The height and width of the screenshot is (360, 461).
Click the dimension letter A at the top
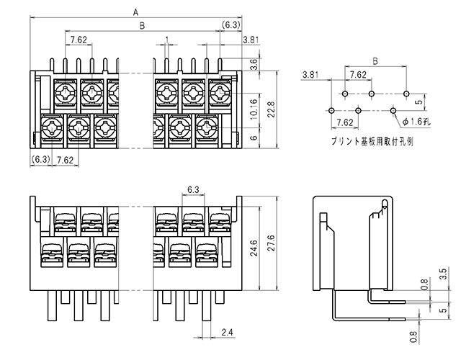coord(135,12)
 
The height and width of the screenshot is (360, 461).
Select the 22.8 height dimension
coord(271,109)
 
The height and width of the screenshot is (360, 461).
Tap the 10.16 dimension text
coord(254,109)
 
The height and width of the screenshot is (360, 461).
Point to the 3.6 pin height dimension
coord(254,64)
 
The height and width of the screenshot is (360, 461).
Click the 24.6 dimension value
coord(254,248)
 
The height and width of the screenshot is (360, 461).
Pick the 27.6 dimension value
coord(271,243)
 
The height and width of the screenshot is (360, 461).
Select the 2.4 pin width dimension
coord(227,332)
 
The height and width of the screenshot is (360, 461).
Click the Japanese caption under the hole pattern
coord(372,141)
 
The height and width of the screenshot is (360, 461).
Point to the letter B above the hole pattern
coord(375,61)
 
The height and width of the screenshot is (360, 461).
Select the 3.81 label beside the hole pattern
coord(310,74)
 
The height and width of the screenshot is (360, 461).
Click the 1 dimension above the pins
coord(166,39)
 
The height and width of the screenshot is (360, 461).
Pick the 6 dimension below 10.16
coord(254,138)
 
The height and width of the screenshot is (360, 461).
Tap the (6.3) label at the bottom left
coord(41,159)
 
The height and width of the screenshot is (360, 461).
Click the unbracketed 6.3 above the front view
coord(193,190)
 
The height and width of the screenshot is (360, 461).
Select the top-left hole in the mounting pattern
coord(345,94)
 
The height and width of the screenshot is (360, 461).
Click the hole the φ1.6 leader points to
coord(393,111)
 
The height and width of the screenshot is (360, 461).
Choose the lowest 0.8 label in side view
coord(413,337)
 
